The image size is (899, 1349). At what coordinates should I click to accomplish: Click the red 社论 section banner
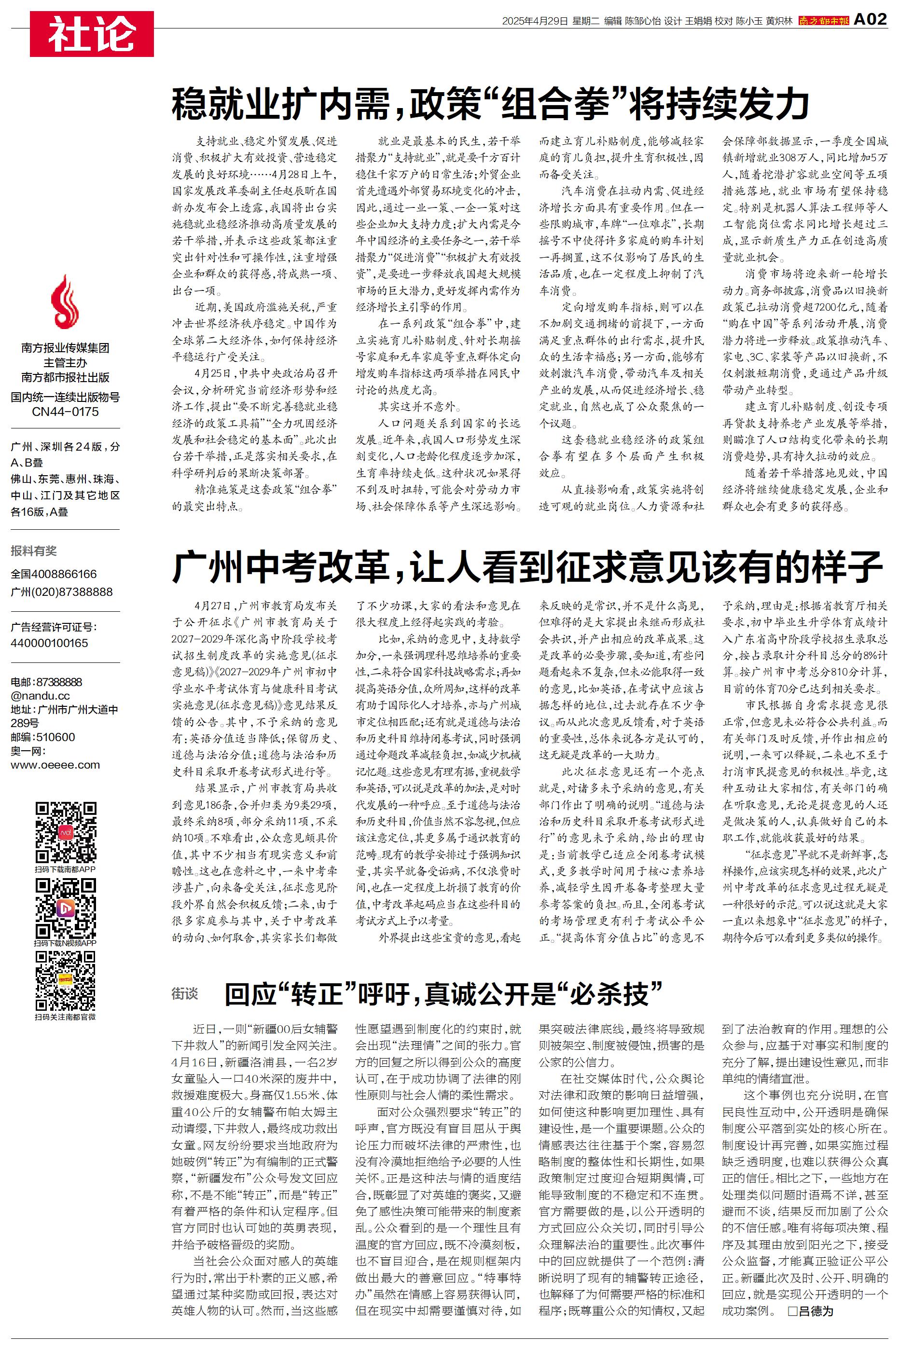(92, 34)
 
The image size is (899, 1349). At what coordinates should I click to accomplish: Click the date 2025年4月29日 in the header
(534, 21)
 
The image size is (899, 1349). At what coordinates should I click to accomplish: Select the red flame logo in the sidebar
(65, 302)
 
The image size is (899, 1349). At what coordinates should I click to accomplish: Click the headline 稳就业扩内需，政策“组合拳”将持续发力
(490, 104)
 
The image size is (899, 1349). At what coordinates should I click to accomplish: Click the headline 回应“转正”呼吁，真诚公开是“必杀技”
(443, 994)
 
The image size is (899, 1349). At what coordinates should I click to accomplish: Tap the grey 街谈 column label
(185, 993)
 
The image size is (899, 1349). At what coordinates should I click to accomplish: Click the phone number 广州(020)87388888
(61, 592)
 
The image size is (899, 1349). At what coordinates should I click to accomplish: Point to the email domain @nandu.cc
(40, 696)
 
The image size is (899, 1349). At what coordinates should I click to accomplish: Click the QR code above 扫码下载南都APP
(65, 832)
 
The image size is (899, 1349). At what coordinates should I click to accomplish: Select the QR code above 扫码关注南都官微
(65, 980)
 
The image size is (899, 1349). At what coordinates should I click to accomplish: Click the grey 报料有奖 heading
(34, 551)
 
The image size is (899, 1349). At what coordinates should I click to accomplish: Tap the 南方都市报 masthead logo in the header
(823, 21)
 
